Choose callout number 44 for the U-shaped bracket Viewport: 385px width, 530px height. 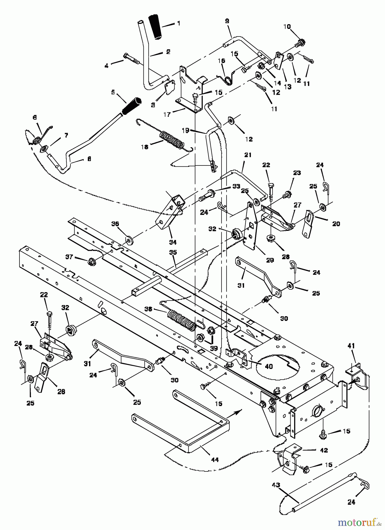(215, 459)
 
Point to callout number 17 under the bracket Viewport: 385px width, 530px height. (167, 114)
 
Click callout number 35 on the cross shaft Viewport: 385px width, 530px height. (173, 252)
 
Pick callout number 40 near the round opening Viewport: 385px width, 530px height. (269, 367)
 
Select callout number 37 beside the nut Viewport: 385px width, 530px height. (69, 257)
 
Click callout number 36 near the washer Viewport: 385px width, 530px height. (115, 224)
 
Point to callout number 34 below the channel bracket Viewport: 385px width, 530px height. (173, 242)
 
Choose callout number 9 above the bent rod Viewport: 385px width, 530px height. (227, 21)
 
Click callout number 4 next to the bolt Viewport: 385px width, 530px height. (107, 66)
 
